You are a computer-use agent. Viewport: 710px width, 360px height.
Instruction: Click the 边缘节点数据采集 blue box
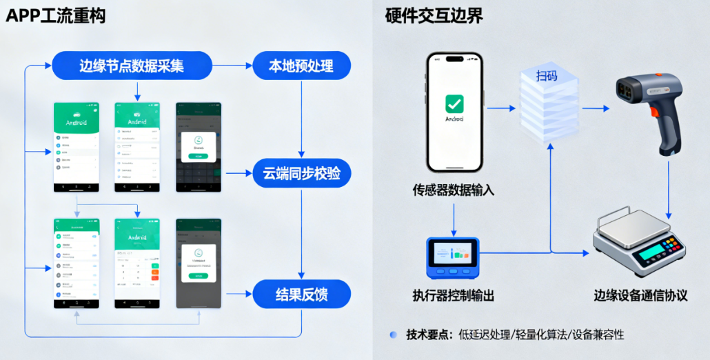(x=132, y=66)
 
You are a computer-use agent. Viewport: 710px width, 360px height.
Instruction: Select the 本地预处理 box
(x=301, y=66)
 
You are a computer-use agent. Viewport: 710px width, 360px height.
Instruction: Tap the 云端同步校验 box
(x=301, y=173)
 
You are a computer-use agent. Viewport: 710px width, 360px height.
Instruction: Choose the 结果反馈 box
(x=301, y=295)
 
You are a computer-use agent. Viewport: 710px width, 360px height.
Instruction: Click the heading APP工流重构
(x=55, y=15)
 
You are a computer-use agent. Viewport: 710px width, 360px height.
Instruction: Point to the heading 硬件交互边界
(x=434, y=15)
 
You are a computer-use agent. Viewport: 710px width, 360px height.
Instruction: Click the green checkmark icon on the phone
(x=454, y=103)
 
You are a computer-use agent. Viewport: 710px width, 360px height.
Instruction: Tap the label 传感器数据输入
(x=454, y=190)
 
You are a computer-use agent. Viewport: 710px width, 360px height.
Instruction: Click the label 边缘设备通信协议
(x=641, y=296)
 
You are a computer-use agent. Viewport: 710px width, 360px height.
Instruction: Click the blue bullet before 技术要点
(x=393, y=334)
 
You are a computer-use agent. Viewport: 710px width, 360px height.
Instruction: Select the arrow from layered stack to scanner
(x=596, y=108)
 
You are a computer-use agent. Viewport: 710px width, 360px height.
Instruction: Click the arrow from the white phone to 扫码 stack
(x=501, y=108)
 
